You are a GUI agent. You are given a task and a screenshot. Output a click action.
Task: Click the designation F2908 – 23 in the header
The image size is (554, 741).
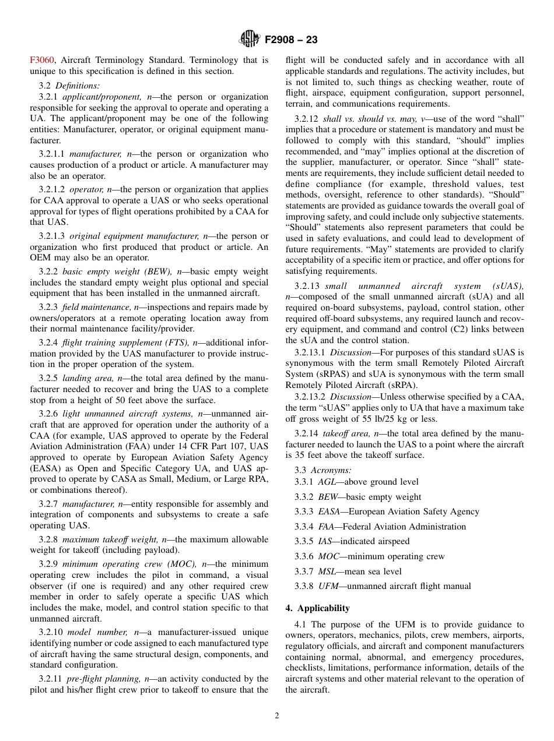pyautogui.click(x=291, y=40)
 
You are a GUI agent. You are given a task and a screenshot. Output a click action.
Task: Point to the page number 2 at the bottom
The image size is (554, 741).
pyautogui.click(x=277, y=716)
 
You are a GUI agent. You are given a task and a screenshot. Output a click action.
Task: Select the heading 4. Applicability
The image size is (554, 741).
pyautogui.click(x=317, y=608)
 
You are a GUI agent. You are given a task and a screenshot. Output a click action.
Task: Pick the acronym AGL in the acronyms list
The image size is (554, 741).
pyautogui.click(x=327, y=482)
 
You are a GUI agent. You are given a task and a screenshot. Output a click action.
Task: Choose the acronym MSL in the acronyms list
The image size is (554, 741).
pyautogui.click(x=327, y=571)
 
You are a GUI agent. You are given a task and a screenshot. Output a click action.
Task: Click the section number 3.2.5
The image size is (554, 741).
pyautogui.click(x=48, y=378)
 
